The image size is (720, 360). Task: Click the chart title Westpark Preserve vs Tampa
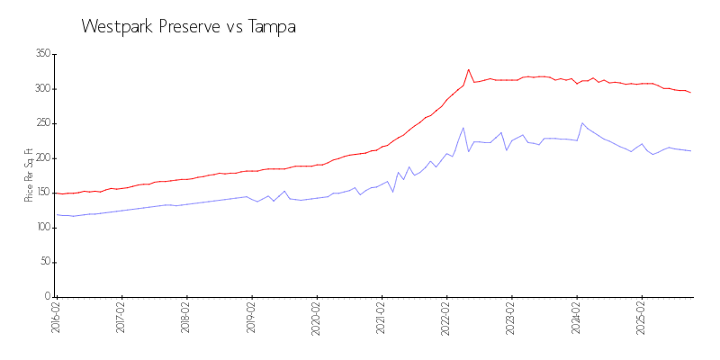[x=189, y=27]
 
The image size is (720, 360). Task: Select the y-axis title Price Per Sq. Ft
[x=29, y=175]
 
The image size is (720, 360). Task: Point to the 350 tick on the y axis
[x=42, y=54]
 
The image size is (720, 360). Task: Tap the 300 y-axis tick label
[x=42, y=89]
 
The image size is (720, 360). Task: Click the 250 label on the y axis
[x=42, y=123]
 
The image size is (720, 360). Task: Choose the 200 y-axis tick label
[x=42, y=158]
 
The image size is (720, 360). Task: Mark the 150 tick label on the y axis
[x=42, y=193]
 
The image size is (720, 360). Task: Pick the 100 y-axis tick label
[x=42, y=228]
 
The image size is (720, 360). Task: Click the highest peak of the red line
[x=469, y=69]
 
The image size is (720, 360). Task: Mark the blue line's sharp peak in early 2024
[x=582, y=123]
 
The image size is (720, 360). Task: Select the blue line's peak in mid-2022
[x=463, y=128]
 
